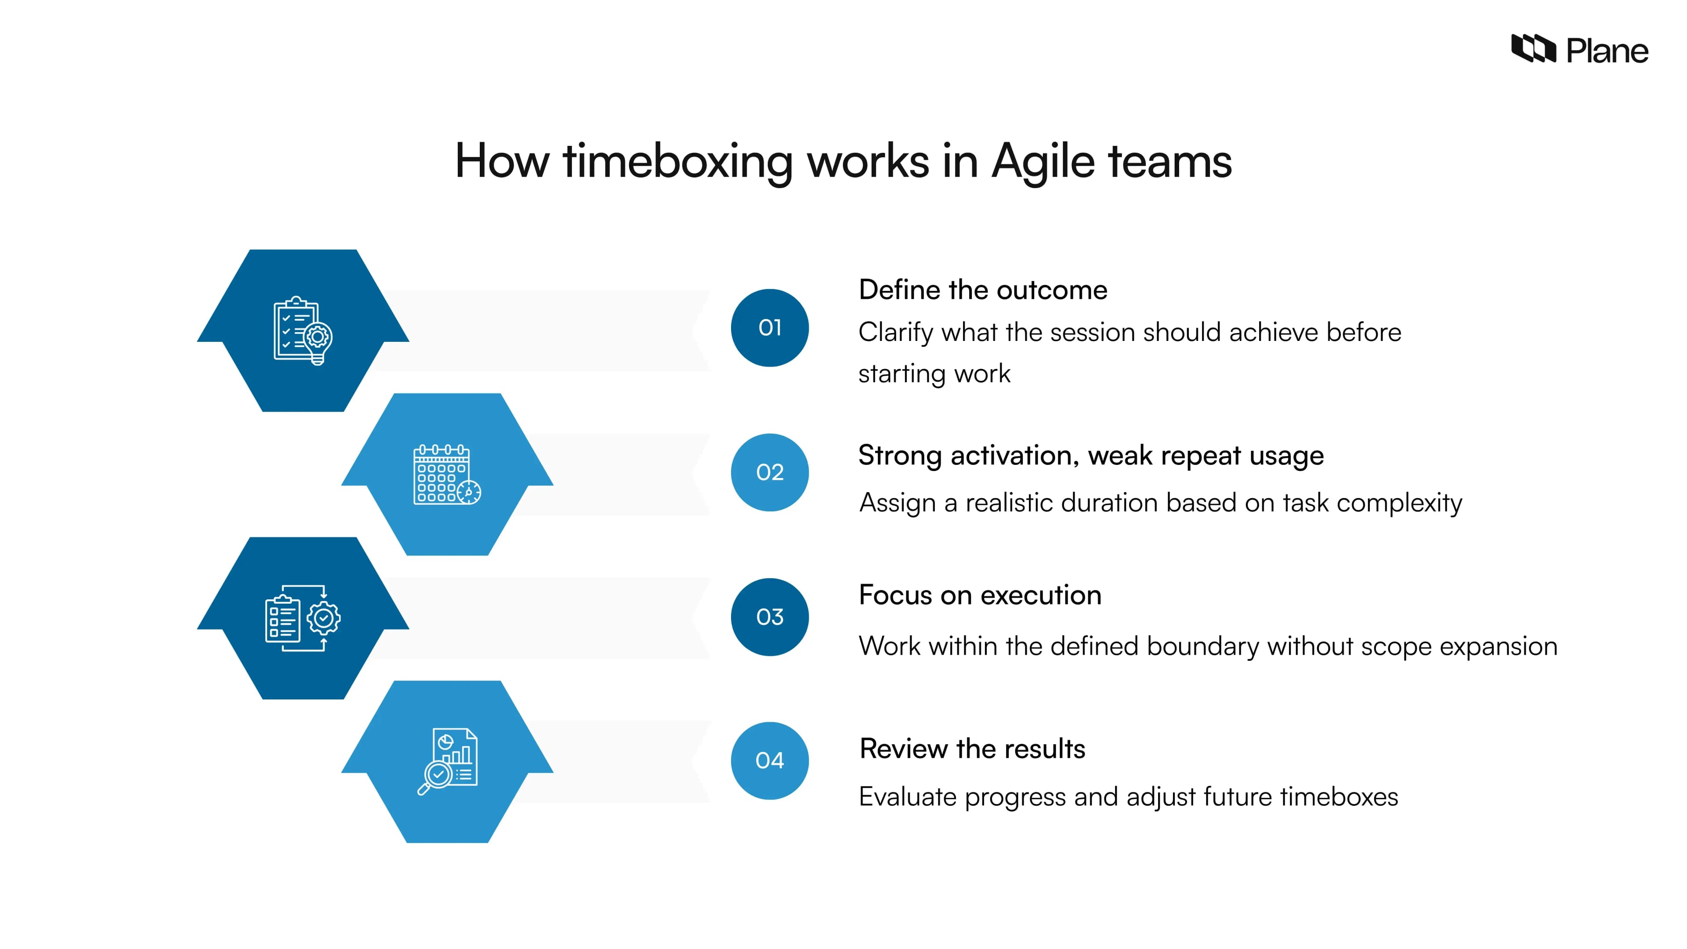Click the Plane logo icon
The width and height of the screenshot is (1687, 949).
coord(1532,49)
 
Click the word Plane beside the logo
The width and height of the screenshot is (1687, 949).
coord(1607,51)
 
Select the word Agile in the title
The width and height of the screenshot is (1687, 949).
coord(1043,162)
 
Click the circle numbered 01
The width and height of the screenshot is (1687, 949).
coord(770,327)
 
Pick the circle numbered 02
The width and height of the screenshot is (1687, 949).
coord(770,472)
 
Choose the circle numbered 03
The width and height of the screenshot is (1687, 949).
coord(770,617)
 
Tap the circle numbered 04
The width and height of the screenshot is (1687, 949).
coord(770,761)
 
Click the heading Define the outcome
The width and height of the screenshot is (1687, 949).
coord(982,290)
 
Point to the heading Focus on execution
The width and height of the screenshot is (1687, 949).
coord(980,595)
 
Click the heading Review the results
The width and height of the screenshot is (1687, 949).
coord(972,749)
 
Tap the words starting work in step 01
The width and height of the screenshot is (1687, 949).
coord(934,374)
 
